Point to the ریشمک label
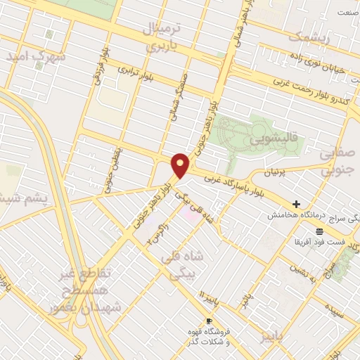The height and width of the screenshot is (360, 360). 308,37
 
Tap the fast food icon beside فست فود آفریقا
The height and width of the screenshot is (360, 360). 320,231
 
